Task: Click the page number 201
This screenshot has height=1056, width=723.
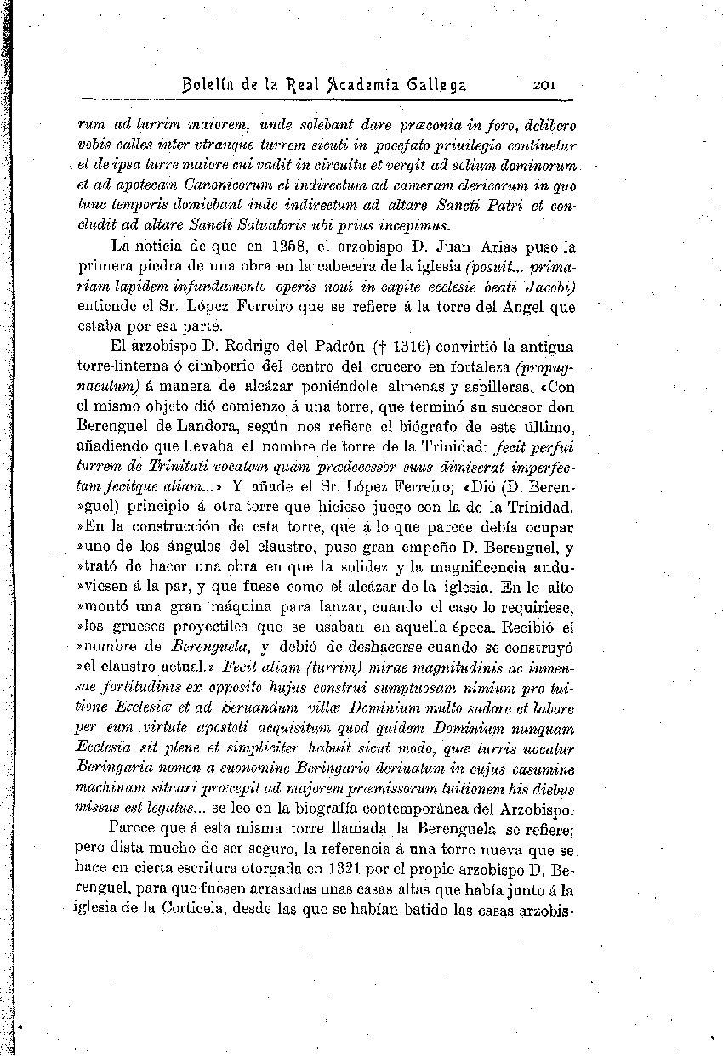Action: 544,85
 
